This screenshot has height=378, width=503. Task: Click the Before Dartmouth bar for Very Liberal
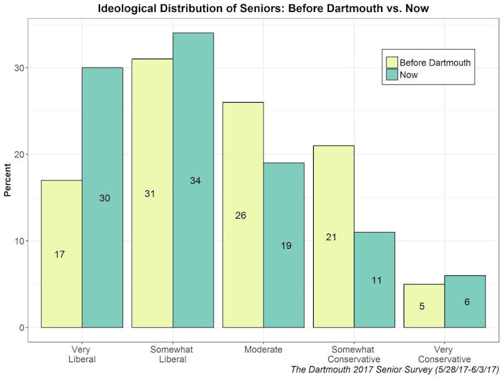tap(62, 254)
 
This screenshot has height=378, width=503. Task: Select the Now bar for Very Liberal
tap(102, 197)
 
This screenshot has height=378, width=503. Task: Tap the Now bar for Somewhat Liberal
tap(193, 180)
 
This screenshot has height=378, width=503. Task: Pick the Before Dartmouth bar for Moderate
tap(243, 215)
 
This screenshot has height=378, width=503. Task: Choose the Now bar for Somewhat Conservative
tap(374, 280)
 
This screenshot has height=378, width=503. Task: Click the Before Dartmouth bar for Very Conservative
tap(424, 306)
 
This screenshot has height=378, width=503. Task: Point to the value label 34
tap(196, 181)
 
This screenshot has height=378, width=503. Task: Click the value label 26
tap(240, 215)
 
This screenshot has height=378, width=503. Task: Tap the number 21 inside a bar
tap(331, 238)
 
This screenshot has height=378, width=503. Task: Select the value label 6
tap(467, 302)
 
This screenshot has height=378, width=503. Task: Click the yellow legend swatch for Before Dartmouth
tap(392, 62)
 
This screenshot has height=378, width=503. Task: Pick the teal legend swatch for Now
tap(392, 74)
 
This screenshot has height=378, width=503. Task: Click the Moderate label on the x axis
tap(263, 350)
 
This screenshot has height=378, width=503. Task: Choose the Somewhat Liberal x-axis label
tap(172, 354)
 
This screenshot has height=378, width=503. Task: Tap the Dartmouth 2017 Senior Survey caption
tap(395, 369)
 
